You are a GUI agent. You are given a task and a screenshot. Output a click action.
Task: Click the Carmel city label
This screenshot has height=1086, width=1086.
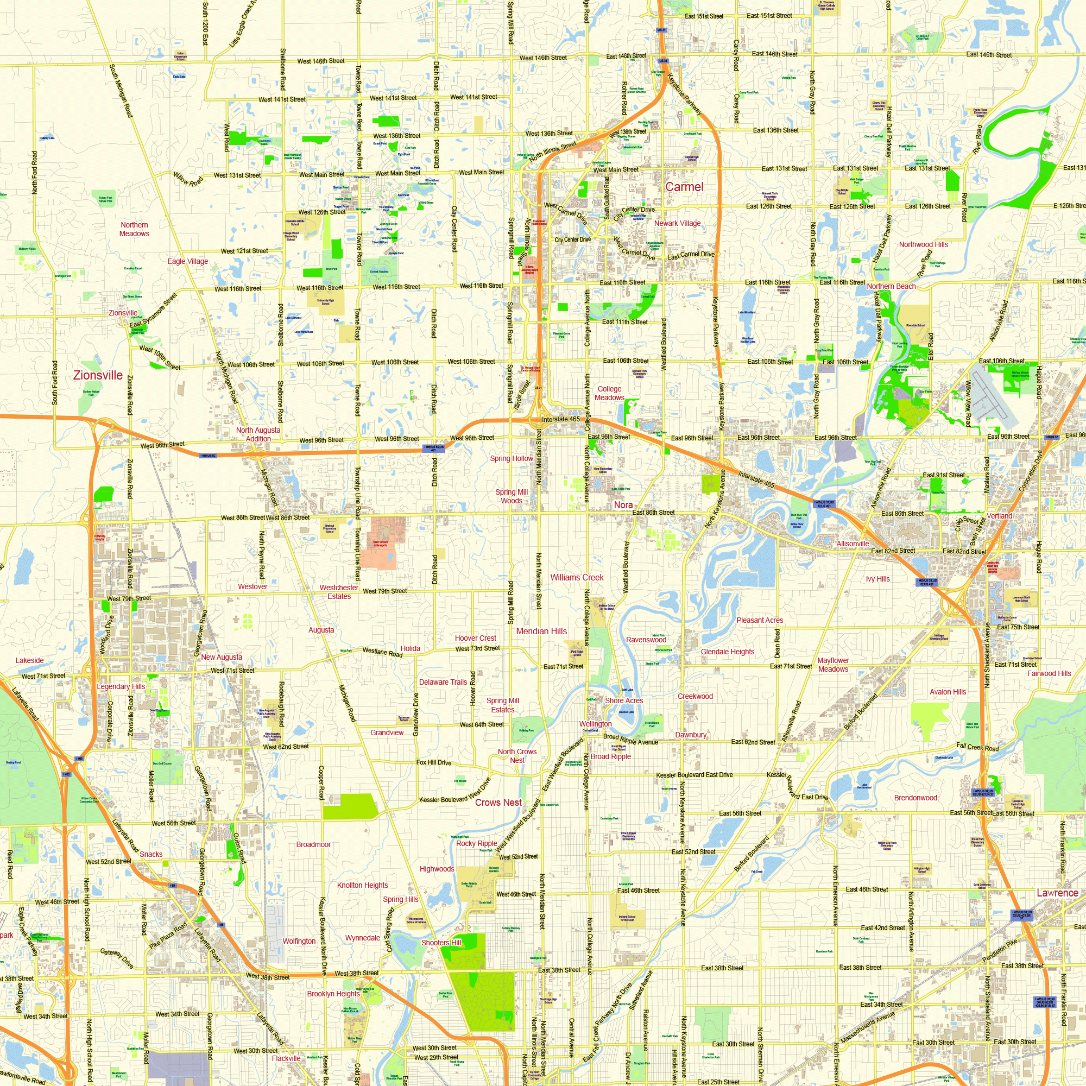[684, 187]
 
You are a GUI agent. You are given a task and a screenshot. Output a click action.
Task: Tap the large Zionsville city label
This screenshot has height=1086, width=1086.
[98, 376]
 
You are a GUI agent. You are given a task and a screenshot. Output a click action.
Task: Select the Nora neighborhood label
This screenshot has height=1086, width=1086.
[623, 506]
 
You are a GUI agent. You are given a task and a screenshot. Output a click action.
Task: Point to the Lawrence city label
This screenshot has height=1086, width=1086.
[1057, 893]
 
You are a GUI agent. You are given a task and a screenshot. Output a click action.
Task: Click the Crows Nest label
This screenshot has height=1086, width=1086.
[498, 803]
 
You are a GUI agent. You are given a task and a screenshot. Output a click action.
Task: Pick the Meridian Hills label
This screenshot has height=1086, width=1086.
[541, 632]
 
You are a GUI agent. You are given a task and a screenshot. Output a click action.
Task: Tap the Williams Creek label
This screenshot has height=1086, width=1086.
[577, 577]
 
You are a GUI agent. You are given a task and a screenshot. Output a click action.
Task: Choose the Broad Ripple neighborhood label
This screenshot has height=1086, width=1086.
[610, 756]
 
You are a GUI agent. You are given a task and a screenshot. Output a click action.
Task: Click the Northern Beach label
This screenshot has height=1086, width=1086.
[891, 286]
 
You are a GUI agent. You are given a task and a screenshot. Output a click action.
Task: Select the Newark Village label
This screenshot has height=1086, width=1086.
[677, 223]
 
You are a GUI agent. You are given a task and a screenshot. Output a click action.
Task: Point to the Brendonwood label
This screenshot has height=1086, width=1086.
[915, 798]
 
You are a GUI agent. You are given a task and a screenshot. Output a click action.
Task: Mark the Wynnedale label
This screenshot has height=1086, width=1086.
[362, 938]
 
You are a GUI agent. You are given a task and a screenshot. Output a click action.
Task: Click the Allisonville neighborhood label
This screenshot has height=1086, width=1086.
[852, 544]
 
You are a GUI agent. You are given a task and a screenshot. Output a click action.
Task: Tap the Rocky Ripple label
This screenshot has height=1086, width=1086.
[476, 843]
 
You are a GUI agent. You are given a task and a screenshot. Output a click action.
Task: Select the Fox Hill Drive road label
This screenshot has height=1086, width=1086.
[433, 763]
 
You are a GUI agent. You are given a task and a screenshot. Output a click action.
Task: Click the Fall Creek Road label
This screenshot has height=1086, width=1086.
[977, 747]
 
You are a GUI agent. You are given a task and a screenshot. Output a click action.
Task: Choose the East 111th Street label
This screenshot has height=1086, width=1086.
[624, 322]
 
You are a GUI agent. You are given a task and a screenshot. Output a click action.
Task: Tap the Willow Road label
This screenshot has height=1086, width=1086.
[188, 179]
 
